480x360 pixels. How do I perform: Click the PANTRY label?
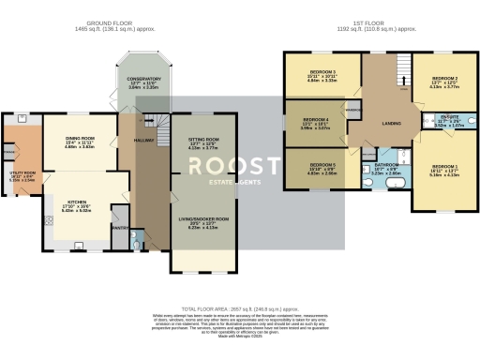point(119,226)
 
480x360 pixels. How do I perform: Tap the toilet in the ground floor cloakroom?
point(137,237)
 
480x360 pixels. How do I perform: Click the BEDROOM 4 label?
point(315,120)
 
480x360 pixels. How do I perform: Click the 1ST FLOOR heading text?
point(371,22)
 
